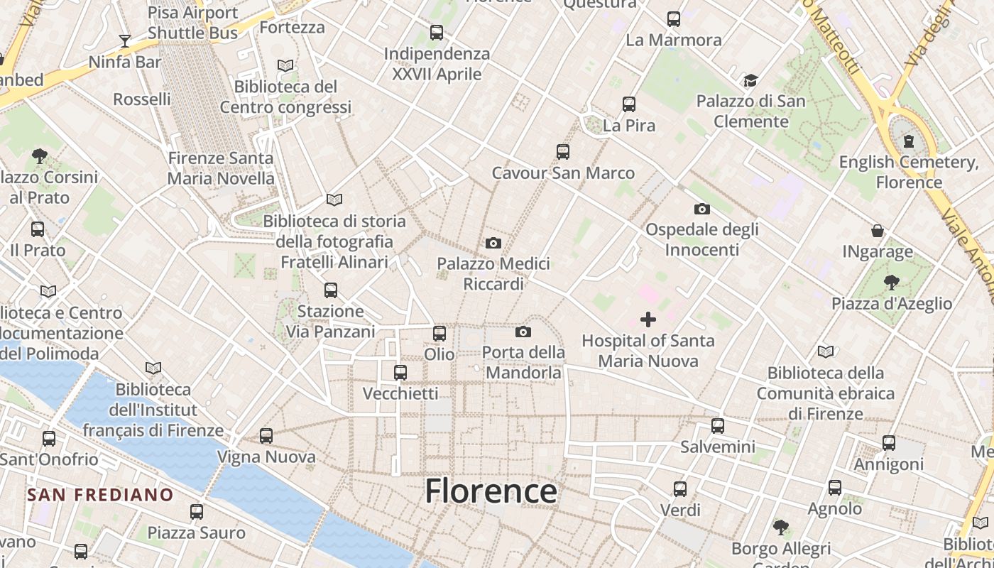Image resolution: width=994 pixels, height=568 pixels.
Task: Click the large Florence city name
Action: [x=491, y=491]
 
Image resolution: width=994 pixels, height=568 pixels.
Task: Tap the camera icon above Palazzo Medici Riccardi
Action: [x=493, y=244]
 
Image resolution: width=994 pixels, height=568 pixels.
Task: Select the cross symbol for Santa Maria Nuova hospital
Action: [x=648, y=319]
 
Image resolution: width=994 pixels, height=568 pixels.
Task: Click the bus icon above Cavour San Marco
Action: [x=563, y=152]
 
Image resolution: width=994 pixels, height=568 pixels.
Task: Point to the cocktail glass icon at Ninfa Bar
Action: [x=125, y=40]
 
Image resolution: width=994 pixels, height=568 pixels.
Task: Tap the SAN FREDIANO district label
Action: [x=100, y=495]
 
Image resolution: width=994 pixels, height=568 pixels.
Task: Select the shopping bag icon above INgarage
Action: [x=878, y=231]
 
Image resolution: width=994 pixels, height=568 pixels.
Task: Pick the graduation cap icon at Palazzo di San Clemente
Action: [x=750, y=81]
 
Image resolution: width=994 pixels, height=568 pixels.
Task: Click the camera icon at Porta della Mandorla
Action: [x=523, y=332]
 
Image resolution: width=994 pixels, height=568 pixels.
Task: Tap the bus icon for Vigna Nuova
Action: [x=266, y=436]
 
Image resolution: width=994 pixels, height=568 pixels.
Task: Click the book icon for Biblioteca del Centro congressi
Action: [x=285, y=66]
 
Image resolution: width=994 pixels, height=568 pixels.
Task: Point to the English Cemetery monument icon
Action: [x=909, y=141]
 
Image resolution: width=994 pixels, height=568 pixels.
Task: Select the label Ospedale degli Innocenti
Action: [x=701, y=239]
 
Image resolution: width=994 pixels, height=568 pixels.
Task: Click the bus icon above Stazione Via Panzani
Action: [x=331, y=290]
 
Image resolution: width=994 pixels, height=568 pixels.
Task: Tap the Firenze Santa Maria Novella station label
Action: [x=221, y=168]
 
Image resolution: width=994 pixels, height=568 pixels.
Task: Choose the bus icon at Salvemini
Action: [x=718, y=426]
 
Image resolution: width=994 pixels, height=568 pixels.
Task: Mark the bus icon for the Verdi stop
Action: [x=680, y=489]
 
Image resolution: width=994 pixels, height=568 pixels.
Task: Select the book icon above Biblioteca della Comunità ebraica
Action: [x=826, y=351]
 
